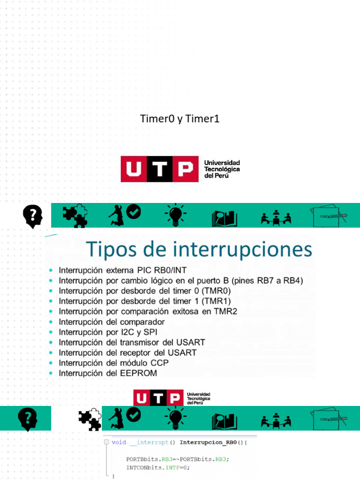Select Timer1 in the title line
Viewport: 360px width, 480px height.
[202, 119]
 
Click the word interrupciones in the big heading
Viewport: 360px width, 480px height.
[242, 249]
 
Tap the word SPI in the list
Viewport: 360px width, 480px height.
[150, 332]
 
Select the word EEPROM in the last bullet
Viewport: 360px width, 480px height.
[139, 374]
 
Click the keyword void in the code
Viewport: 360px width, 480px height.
[119, 442]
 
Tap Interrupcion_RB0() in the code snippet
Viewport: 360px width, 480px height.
[213, 442]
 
